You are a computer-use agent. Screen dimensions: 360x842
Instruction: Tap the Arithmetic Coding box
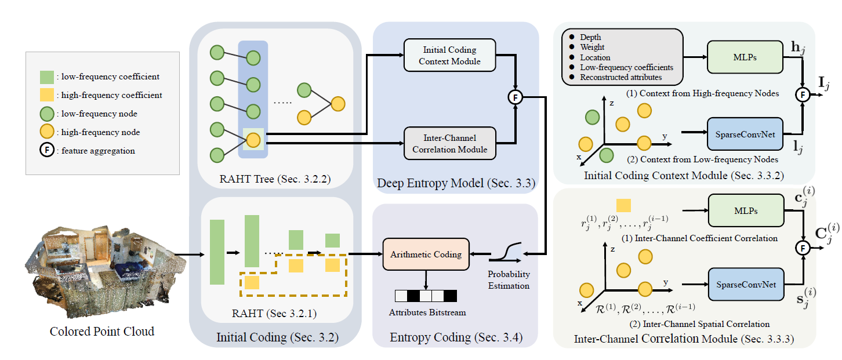click(426, 254)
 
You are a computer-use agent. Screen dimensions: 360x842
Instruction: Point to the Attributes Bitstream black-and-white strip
click(426, 296)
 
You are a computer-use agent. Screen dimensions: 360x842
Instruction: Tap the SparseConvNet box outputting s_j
click(744, 285)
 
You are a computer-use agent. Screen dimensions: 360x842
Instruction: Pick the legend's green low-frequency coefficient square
click(47, 77)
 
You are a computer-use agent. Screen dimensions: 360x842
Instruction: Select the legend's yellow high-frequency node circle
click(48, 132)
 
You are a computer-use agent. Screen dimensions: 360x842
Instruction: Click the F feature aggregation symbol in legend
click(48, 151)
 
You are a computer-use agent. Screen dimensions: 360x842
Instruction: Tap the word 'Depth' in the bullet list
click(591, 37)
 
